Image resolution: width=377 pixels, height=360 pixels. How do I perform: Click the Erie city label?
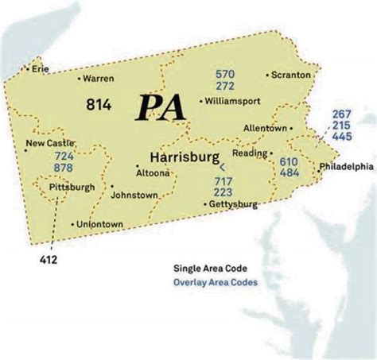pyautogui.click(x=40, y=69)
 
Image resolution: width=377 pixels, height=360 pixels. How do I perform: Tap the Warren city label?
pyautogui.click(x=99, y=79)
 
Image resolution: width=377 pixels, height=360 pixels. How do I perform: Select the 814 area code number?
pyautogui.click(x=100, y=103)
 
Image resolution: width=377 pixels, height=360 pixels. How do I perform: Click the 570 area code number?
pyautogui.click(x=224, y=74)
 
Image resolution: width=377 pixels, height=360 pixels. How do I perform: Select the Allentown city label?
pyautogui.click(x=266, y=127)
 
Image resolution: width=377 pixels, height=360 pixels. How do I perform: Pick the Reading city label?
pyautogui.click(x=251, y=152)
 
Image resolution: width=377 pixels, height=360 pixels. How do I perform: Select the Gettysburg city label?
pyautogui.click(x=233, y=204)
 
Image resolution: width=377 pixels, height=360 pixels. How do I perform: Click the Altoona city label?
pyautogui.click(x=153, y=172)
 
